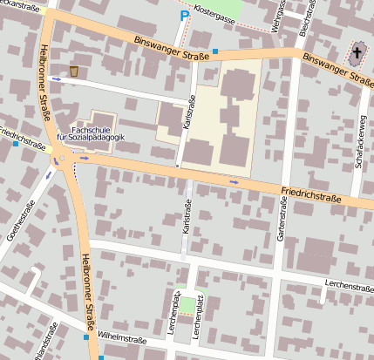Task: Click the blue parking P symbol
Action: click(x=184, y=16)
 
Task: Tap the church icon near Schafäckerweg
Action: click(x=357, y=54)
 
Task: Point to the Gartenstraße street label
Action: click(x=282, y=218)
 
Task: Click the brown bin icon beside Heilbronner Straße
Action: click(x=74, y=71)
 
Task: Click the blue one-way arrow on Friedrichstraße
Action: click(x=234, y=181)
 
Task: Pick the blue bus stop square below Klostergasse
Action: click(x=215, y=52)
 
